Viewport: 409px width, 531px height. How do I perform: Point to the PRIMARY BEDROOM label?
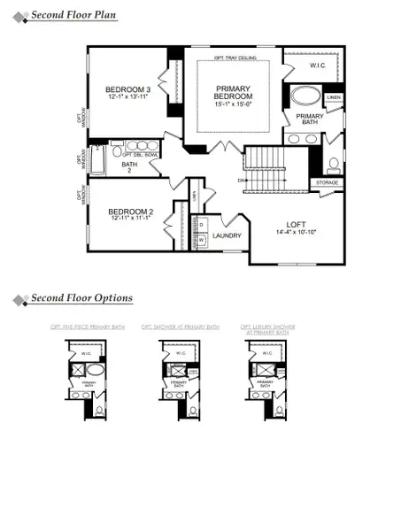[x=235, y=93]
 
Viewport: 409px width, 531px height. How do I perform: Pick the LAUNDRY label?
[x=228, y=236]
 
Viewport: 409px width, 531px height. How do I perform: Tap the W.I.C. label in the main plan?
[x=320, y=65]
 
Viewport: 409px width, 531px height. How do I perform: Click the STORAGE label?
[x=327, y=183]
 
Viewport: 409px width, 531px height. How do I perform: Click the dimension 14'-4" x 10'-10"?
[x=297, y=233]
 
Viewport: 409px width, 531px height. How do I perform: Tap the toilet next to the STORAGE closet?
[x=334, y=165]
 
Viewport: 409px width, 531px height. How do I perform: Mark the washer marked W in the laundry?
[x=201, y=239]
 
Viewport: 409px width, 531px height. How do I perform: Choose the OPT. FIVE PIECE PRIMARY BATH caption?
[x=88, y=327]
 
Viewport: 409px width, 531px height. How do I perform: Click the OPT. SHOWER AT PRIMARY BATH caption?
[x=181, y=327]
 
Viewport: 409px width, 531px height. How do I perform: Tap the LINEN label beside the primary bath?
[x=334, y=96]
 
